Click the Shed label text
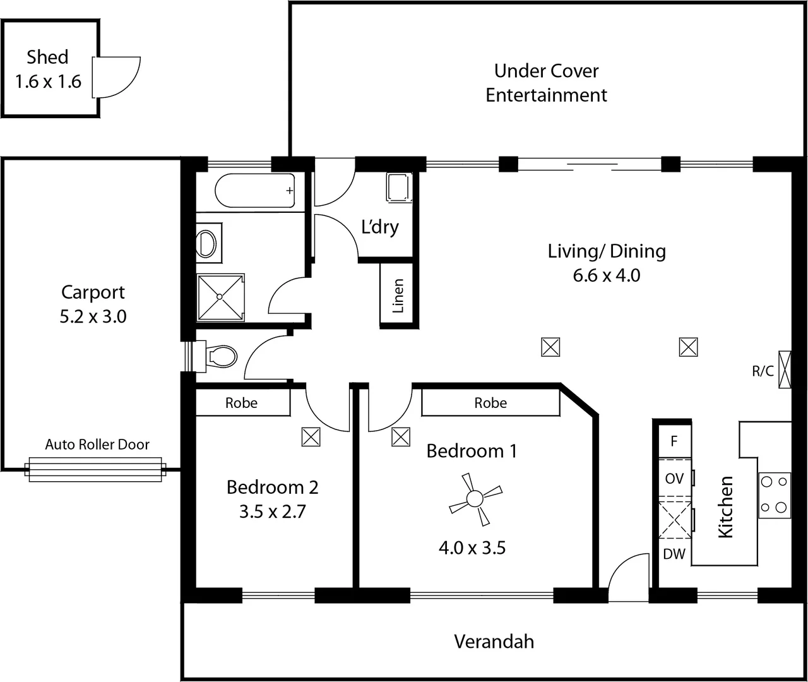[x=47, y=57]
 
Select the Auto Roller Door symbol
[x=95, y=470]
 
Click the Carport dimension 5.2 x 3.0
[x=93, y=316]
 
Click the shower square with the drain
[x=220, y=297]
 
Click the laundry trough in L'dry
[x=398, y=188]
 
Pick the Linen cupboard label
[x=398, y=296]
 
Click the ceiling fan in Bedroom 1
[x=475, y=500]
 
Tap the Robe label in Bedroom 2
[x=241, y=403]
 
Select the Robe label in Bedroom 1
[x=490, y=403]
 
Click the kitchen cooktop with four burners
[x=774, y=494]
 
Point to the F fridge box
[x=674, y=441]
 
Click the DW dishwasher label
[x=674, y=554]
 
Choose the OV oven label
[x=674, y=479]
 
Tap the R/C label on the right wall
[x=763, y=371]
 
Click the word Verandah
[x=494, y=642]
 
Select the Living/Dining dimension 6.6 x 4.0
[x=606, y=276]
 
